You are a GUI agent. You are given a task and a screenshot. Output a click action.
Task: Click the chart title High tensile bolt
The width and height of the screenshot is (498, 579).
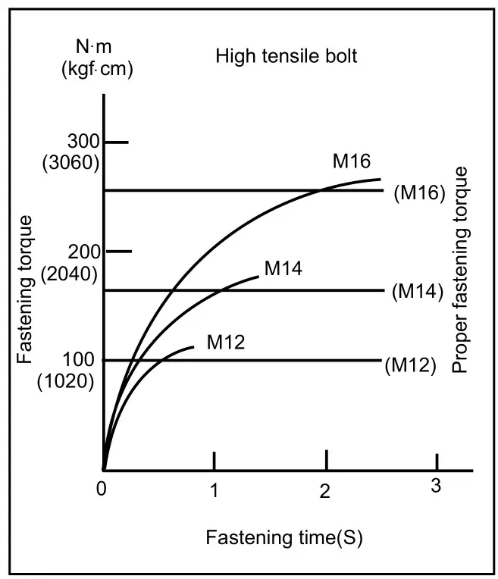tap(286, 56)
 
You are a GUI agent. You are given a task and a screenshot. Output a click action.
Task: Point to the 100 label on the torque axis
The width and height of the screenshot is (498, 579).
tap(81, 360)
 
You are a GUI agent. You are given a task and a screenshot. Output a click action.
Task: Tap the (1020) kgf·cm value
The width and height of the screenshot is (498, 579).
tap(66, 382)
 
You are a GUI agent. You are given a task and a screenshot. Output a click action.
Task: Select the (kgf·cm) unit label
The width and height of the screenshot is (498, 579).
tap(97, 71)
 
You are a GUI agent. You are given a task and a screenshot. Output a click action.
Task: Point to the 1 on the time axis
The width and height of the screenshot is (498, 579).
tap(215, 490)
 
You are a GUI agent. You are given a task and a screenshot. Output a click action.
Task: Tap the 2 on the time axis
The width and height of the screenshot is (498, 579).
tap(326, 490)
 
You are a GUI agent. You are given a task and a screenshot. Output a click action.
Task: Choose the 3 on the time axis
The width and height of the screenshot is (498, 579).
tap(436, 486)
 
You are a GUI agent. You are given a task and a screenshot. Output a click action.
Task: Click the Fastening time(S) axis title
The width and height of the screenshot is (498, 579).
tap(284, 538)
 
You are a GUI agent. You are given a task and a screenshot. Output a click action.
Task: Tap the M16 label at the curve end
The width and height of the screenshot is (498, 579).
tap(351, 161)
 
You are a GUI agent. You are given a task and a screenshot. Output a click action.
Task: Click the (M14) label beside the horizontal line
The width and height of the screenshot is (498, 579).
tap(418, 291)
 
